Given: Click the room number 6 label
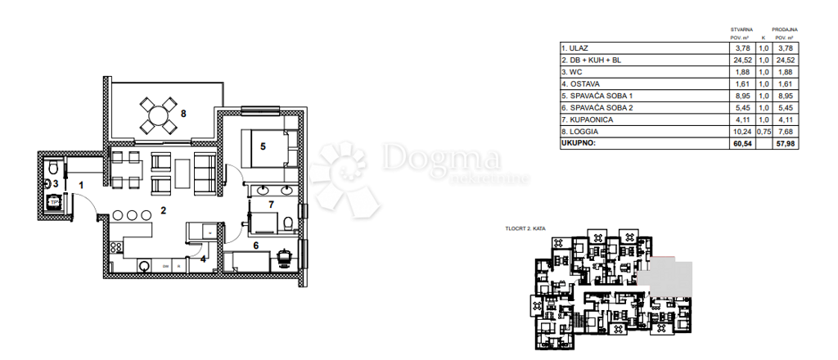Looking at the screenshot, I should pos(255,245).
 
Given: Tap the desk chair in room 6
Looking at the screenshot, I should pos(285,255).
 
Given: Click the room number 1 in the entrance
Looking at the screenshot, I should pos(81,185).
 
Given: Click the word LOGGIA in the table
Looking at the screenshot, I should pos(583,131).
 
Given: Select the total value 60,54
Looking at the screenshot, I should pos(740,143).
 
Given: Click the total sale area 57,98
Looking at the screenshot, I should pos(785,143).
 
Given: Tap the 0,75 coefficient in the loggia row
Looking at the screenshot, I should pos(763,131).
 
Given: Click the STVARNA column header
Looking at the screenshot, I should pos(741,29).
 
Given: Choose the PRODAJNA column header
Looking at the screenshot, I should pos(785,29).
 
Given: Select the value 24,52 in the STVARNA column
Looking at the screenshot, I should pos(740,60).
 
